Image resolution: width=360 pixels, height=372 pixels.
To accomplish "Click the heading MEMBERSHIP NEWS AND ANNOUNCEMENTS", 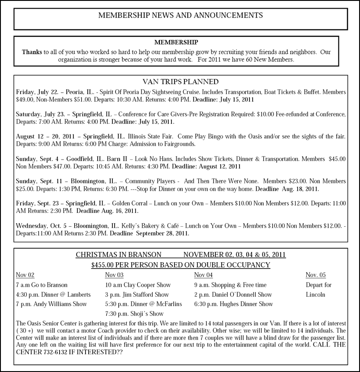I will click(180, 15).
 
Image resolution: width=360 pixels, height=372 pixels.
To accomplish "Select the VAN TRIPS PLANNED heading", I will click(180, 82).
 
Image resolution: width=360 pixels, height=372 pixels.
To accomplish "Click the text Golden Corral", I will click(134, 203).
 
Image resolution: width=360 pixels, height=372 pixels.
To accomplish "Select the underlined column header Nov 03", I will click(114, 275).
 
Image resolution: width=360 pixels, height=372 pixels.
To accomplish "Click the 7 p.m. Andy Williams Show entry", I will click(51, 304).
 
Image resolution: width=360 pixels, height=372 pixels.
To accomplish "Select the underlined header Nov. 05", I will click(316, 275).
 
